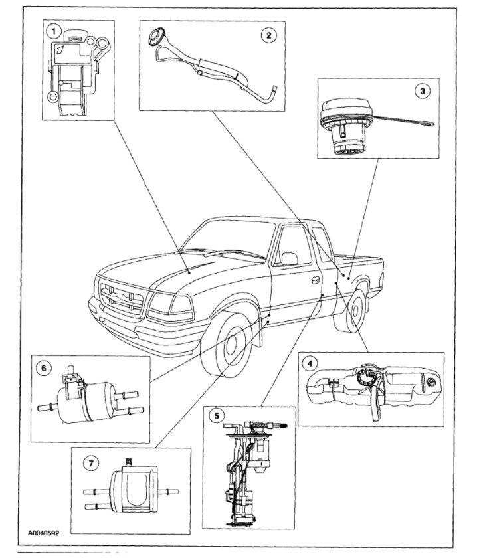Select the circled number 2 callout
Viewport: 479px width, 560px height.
268,35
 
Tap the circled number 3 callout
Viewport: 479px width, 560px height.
420,92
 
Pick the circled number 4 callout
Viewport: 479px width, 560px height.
309,363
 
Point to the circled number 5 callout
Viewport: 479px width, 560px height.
215,417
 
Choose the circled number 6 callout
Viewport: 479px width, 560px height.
44,367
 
